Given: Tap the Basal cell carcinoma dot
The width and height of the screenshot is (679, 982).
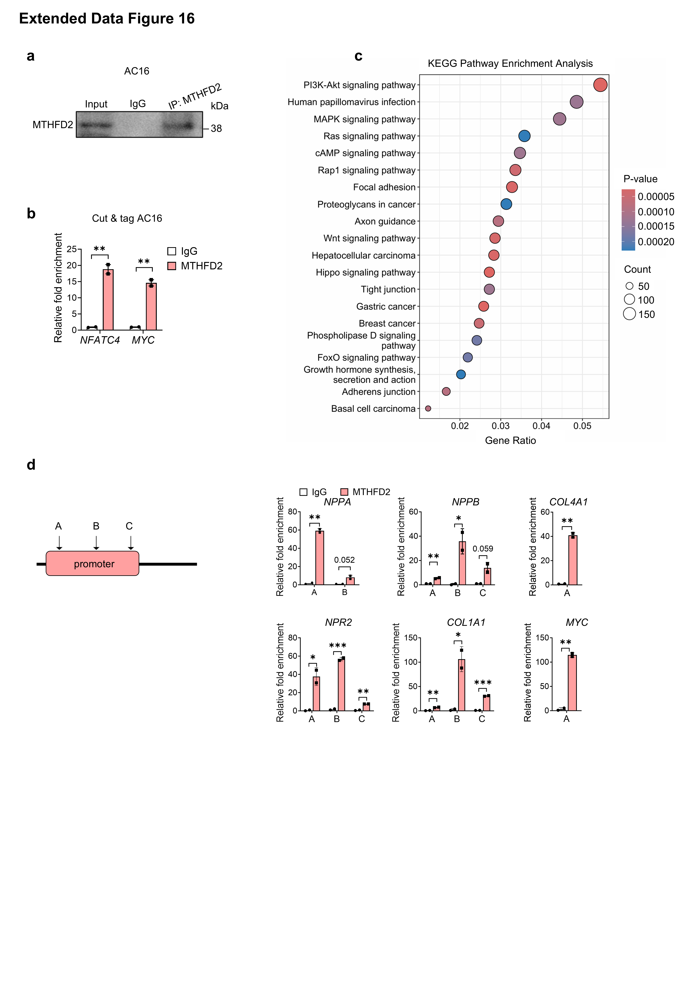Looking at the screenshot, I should [428, 408].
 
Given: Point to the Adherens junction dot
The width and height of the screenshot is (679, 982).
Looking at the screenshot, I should [446, 391].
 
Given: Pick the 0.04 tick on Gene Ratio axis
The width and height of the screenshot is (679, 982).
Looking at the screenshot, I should [541, 426].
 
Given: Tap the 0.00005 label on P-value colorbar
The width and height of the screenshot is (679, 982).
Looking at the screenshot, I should [656, 197].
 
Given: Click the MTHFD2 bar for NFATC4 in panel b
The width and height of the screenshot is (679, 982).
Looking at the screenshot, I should [108, 300].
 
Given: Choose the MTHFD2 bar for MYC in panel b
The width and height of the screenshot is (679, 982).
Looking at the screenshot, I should [151, 307].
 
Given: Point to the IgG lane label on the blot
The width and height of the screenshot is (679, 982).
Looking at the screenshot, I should [137, 104].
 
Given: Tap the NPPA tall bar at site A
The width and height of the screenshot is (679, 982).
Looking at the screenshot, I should [319, 558].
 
